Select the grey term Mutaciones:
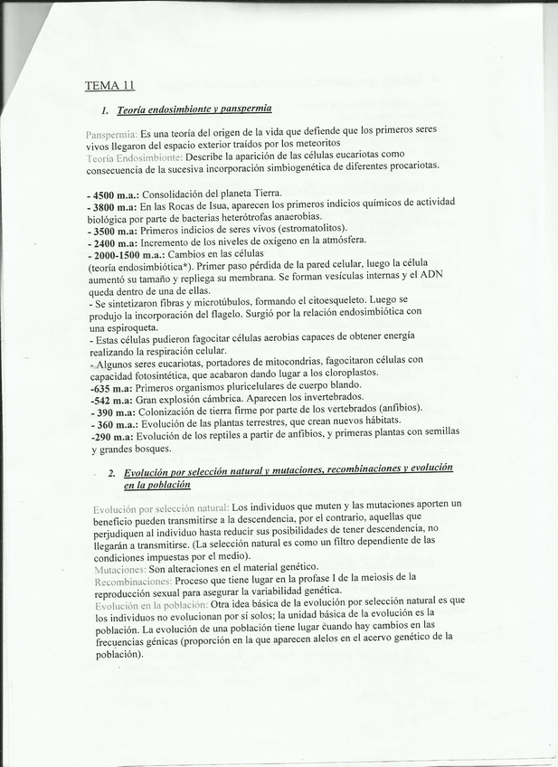pyautogui.click(x=119, y=570)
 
